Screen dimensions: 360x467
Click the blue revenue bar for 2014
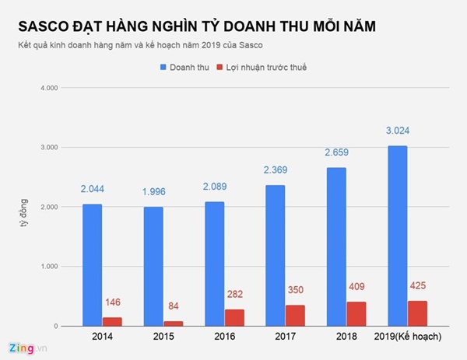click(92, 264)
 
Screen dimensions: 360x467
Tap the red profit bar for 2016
click(234, 317)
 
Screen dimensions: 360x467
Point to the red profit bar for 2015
click(173, 323)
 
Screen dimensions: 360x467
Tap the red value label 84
click(173, 306)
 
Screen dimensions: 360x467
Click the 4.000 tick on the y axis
click(47, 88)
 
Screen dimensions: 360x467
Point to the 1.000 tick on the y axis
click(47, 267)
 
